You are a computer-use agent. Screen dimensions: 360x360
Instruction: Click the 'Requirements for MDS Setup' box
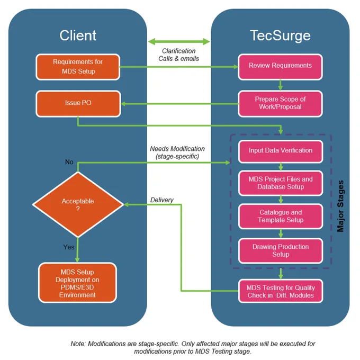pyautogui.click(x=78, y=67)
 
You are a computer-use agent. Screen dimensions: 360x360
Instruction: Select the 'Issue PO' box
pyautogui.click(x=78, y=104)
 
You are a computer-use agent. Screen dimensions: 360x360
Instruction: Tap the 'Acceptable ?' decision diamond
pyautogui.click(x=78, y=204)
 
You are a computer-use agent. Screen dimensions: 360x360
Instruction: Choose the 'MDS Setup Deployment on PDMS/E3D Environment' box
pyautogui.click(x=78, y=283)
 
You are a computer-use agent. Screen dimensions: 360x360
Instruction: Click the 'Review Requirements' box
pyautogui.click(x=281, y=67)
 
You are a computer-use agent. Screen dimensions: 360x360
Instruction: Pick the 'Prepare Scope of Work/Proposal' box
pyautogui.click(x=281, y=104)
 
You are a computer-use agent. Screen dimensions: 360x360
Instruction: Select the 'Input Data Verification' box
pyautogui.click(x=281, y=151)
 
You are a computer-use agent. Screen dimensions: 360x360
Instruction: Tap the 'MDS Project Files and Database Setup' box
pyautogui.click(x=281, y=183)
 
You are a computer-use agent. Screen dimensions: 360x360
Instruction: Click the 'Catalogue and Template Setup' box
pyautogui.click(x=281, y=217)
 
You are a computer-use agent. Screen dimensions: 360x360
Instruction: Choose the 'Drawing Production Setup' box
pyautogui.click(x=281, y=251)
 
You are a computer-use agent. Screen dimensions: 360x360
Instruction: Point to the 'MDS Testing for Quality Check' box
pyautogui.click(x=281, y=291)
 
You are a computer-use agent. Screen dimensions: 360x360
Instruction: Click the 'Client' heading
pyautogui.click(x=78, y=35)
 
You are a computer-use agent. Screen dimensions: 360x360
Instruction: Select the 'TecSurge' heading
pyautogui.click(x=281, y=36)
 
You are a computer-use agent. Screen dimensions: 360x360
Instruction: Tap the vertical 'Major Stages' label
pyautogui.click(x=340, y=206)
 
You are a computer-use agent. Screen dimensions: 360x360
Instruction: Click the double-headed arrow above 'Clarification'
pyautogui.click(x=179, y=41)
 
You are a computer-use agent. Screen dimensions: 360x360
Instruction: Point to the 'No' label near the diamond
pyautogui.click(x=69, y=162)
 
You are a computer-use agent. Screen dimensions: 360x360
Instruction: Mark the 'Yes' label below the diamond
pyautogui.click(x=69, y=247)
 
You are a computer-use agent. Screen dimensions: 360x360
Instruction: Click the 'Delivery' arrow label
pyautogui.click(x=162, y=200)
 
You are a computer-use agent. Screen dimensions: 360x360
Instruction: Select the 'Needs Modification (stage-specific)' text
pyautogui.click(x=177, y=152)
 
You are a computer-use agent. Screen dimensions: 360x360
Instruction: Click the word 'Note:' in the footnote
pyautogui.click(x=78, y=344)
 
